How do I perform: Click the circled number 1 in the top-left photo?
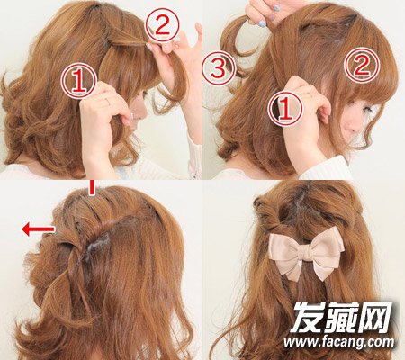[79, 80]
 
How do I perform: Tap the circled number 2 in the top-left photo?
[163, 24]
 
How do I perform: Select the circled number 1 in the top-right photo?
[285, 108]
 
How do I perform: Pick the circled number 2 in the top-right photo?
[362, 66]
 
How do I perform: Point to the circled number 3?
[219, 67]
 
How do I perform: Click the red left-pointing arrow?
[38, 229]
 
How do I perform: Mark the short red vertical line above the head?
[92, 188]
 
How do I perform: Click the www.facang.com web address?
[338, 342]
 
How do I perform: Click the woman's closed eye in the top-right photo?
[367, 111]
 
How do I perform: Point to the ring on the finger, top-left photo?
[107, 103]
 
